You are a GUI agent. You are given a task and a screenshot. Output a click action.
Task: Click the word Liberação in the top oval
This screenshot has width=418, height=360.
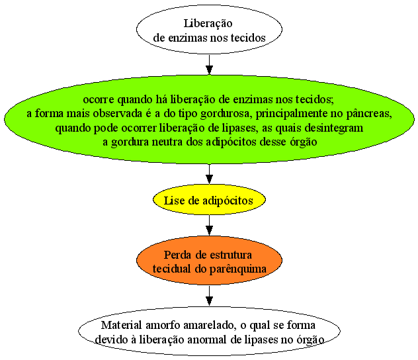pyautogui.click(x=208, y=24)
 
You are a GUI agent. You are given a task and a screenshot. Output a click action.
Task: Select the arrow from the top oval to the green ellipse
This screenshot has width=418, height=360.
pyautogui.click(x=209, y=65)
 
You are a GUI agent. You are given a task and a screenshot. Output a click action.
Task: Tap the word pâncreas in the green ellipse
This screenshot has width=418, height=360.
pyautogui.click(x=369, y=114)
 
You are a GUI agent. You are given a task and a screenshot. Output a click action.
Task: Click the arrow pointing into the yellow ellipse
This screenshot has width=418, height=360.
pyautogui.click(x=209, y=174)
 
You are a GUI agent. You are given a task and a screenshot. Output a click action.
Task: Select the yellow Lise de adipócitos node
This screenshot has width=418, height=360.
pyautogui.click(x=209, y=199)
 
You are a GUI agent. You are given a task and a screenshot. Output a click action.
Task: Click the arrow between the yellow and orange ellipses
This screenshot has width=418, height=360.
pyautogui.click(x=209, y=226)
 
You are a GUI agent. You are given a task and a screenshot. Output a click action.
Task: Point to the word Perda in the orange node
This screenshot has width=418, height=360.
pyautogui.click(x=177, y=255)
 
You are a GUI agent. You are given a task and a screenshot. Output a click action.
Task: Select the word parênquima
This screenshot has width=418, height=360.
pyautogui.click(x=238, y=269)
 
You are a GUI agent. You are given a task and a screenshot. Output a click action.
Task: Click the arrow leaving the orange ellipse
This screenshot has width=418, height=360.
pyautogui.click(x=209, y=296)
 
